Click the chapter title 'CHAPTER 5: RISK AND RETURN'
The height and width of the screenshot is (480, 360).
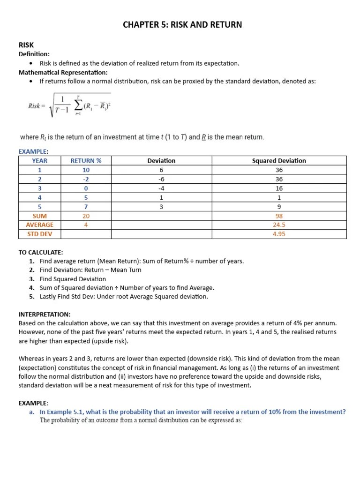point(182,24)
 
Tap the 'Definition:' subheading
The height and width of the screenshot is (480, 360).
point(34,54)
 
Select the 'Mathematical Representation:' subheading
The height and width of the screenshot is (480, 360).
point(63,72)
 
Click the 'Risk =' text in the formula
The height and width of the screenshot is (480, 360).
point(37,106)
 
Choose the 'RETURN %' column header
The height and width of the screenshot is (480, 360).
point(86,161)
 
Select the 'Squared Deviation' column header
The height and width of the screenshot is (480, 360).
point(279,161)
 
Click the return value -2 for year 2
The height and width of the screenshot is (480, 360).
point(86,179)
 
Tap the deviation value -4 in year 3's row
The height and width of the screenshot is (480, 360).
point(161,188)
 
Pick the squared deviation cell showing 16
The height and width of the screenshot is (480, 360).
point(279,188)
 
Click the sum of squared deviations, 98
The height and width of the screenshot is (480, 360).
point(279,216)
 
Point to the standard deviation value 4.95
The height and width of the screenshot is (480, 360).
point(279,234)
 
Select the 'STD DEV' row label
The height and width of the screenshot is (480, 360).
point(39,234)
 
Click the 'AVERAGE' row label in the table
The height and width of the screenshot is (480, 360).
point(39,225)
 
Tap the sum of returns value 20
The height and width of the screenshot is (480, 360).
point(86,216)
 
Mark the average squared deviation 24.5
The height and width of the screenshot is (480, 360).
point(279,225)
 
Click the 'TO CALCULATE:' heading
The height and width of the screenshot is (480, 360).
point(41,252)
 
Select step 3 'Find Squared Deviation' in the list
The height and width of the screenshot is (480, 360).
point(73,279)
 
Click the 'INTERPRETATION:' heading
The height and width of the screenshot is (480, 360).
point(45,314)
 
